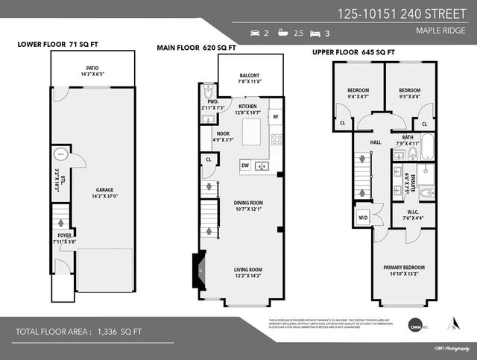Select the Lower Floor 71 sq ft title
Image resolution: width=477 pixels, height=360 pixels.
pos(58,45)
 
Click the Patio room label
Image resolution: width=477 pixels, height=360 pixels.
pos(93,71)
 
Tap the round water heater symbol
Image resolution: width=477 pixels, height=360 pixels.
pos(60,156)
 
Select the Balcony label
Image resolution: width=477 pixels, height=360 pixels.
pos(250,79)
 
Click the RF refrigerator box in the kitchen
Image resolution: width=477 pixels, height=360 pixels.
pos(275,117)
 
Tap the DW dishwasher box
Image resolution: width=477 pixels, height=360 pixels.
pos(244,165)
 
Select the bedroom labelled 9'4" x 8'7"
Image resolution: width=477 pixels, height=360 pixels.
pos(357,93)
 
